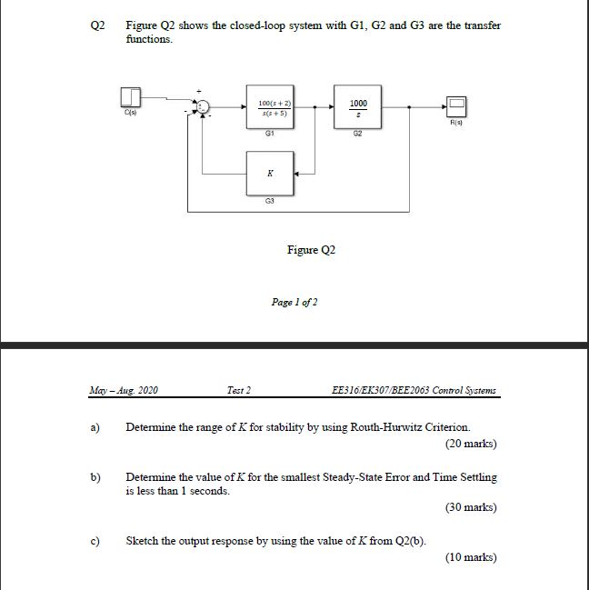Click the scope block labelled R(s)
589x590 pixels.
click(x=455, y=106)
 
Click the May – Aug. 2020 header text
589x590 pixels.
click(x=124, y=391)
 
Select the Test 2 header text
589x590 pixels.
click(x=236, y=391)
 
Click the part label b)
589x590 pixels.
click(x=94, y=477)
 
